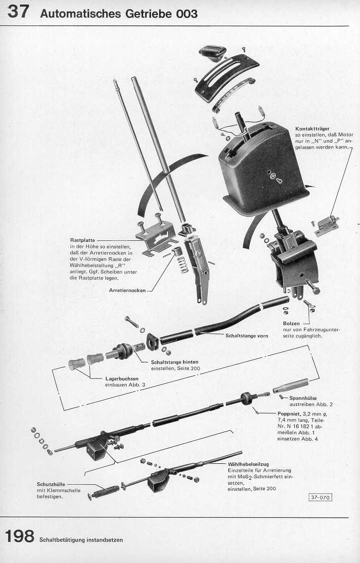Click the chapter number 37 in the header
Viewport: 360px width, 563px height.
17,11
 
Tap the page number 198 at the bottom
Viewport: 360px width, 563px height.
19,537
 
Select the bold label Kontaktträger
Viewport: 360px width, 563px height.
312,129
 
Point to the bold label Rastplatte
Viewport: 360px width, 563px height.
83,240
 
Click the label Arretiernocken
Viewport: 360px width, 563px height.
127,289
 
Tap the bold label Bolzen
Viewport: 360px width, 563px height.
291,324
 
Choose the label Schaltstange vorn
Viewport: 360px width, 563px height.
247,336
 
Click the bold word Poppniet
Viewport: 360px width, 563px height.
289,414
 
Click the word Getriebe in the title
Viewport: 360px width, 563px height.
148,14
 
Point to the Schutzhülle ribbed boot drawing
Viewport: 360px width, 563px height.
106,490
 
